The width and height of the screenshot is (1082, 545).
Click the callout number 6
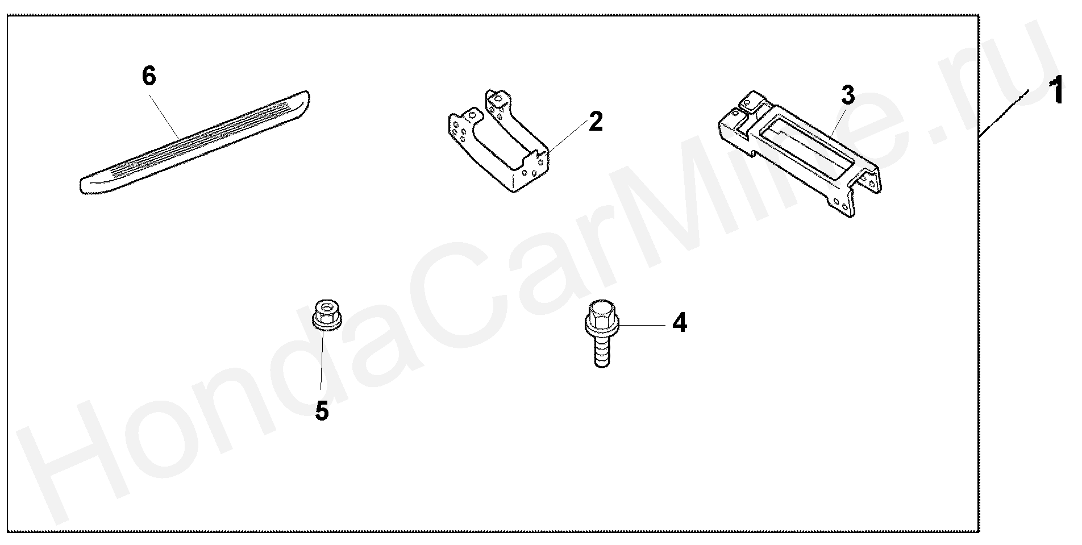[149, 76]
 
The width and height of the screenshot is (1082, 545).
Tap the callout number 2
[596, 122]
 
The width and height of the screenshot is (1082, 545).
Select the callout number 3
[847, 96]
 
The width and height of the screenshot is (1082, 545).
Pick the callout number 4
[680, 323]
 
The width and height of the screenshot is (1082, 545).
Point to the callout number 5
[322, 411]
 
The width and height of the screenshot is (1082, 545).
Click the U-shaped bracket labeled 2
[498, 142]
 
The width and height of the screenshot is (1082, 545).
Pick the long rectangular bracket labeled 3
[800, 153]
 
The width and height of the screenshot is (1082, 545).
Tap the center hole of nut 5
[327, 307]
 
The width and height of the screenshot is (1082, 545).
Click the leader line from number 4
[642, 324]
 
